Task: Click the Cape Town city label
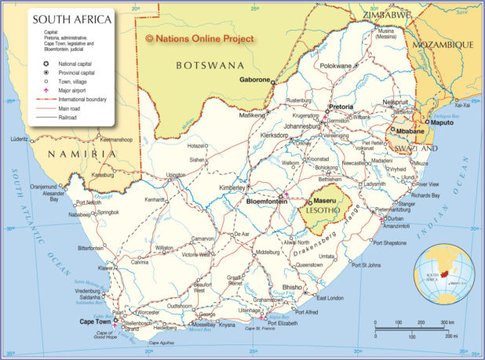(95, 322)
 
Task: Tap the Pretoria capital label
(340, 107)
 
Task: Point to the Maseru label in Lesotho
(325, 202)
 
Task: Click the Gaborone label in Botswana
(255, 80)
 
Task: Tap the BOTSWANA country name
(210, 64)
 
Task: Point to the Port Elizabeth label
(283, 323)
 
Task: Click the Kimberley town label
(232, 188)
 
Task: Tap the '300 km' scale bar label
(446, 322)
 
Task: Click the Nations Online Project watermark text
(200, 38)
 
